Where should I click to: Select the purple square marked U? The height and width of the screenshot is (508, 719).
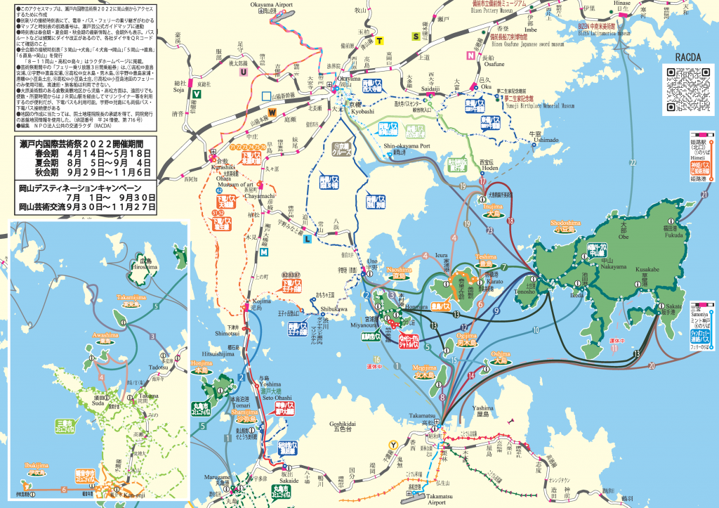click(244, 71)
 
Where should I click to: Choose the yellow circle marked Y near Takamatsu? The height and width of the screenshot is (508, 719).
click(394, 443)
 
